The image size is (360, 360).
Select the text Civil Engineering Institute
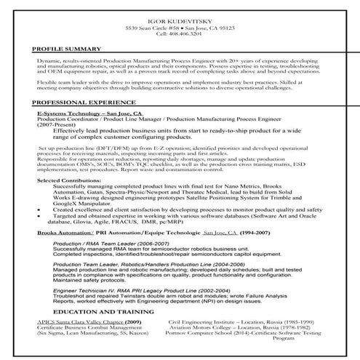click(x=204, y=320)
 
